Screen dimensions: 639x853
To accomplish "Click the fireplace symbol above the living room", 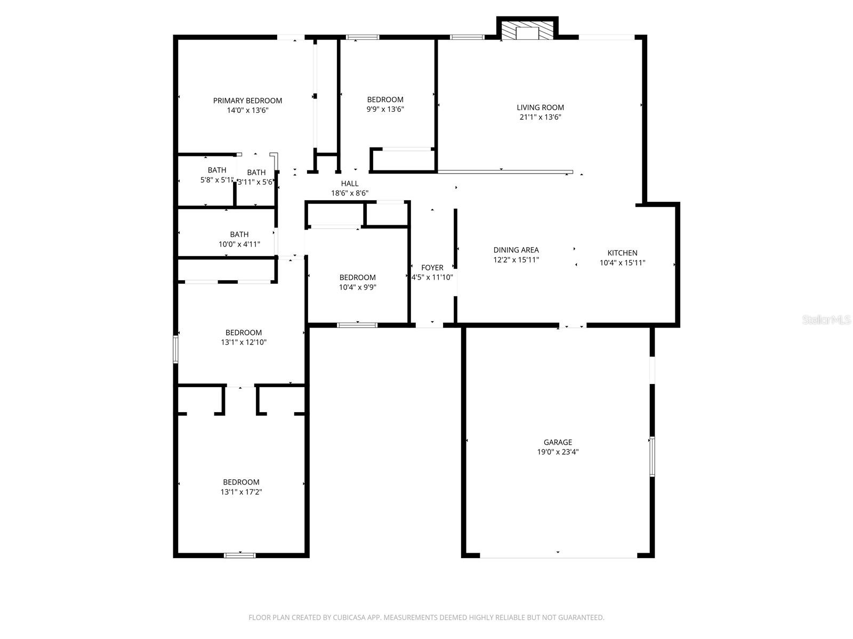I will point(528,31).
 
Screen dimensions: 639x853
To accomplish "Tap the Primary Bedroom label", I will point(247,101).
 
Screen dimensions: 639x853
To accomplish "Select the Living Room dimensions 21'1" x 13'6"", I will point(540,117).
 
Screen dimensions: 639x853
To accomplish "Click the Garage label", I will point(558,442).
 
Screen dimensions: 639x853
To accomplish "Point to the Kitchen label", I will point(622,253).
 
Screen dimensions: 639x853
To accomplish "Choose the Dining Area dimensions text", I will point(516,260).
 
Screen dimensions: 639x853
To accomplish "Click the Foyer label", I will point(432,267).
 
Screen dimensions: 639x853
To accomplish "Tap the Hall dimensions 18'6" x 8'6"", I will point(350,193).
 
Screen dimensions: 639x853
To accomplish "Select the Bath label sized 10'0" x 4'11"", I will point(239,234).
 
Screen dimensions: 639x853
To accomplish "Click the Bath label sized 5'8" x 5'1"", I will point(216,170).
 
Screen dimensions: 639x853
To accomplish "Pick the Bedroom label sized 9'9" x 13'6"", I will point(385,100).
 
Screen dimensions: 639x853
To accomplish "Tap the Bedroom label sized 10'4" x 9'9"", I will point(357,277).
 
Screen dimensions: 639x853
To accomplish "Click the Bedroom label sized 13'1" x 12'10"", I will point(243,333).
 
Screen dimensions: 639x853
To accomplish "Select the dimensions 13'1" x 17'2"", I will point(241,492).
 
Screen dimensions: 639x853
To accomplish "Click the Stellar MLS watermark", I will point(826,319).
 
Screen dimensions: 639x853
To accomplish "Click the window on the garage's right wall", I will point(651,456).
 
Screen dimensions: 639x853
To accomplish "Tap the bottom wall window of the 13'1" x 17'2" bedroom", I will point(240,555).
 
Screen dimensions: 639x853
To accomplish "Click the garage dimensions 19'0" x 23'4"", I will point(558,452).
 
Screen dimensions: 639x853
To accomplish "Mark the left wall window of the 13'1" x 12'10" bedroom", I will point(175,349).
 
